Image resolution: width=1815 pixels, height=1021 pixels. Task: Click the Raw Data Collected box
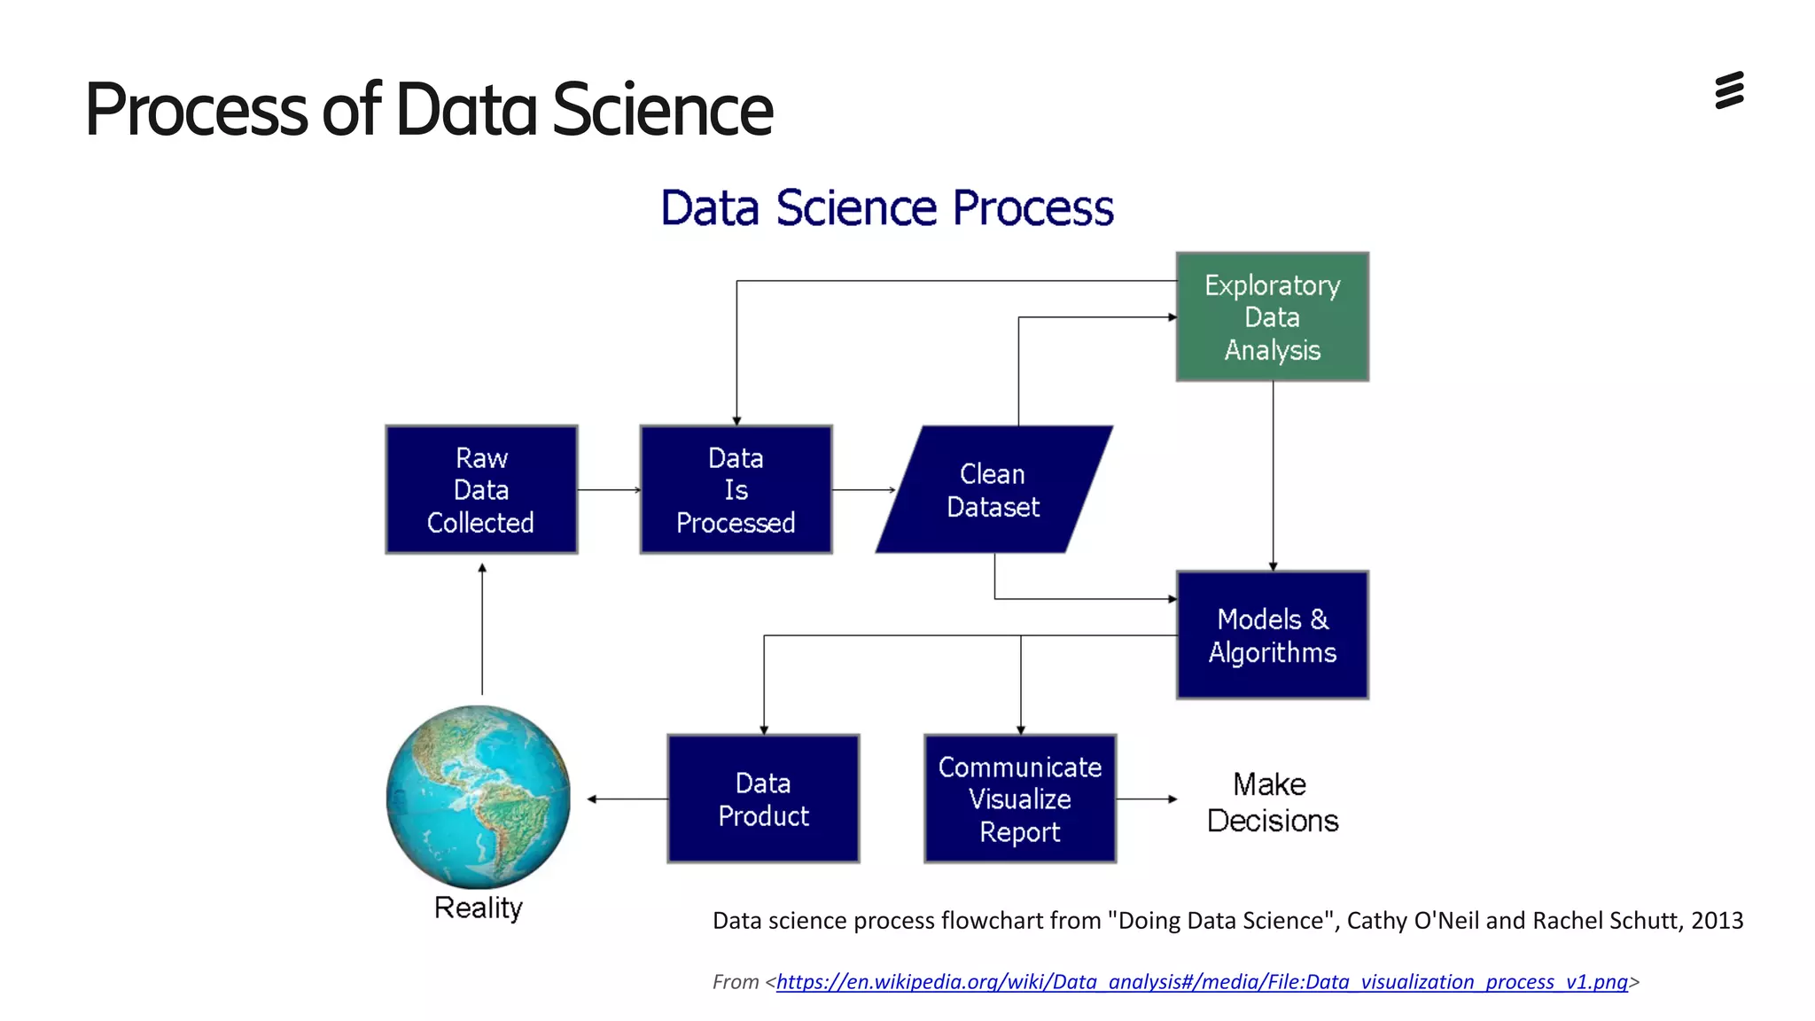(x=481, y=490)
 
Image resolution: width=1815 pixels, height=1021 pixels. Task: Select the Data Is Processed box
(x=736, y=490)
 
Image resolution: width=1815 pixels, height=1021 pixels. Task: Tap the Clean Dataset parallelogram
(x=993, y=490)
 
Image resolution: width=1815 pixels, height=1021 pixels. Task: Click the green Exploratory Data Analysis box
(x=1272, y=317)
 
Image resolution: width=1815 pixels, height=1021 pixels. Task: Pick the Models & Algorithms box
(x=1272, y=635)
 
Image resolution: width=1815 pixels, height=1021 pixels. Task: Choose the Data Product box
(x=763, y=799)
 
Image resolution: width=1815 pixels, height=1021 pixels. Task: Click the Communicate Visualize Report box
(x=1019, y=799)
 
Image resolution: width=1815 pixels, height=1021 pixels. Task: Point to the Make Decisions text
(x=1272, y=802)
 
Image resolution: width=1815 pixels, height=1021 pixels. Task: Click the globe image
(x=479, y=796)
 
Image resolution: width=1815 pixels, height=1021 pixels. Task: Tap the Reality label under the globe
(x=479, y=908)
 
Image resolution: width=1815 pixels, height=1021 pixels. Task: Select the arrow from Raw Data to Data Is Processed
(x=609, y=490)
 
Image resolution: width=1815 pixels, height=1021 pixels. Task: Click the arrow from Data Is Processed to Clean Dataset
(x=863, y=490)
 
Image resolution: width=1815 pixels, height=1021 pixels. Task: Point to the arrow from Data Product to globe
(x=627, y=799)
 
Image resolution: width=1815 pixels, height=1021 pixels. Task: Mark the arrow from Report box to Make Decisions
(x=1146, y=799)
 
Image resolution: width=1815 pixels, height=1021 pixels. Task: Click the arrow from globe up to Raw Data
(x=482, y=629)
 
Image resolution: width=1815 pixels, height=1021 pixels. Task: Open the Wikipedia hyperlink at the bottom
(x=1202, y=982)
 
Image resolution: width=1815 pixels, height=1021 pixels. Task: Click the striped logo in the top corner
(x=1729, y=91)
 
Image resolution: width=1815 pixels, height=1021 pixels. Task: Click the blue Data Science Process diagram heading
(x=887, y=208)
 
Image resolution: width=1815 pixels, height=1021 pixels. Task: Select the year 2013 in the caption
(x=1717, y=921)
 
